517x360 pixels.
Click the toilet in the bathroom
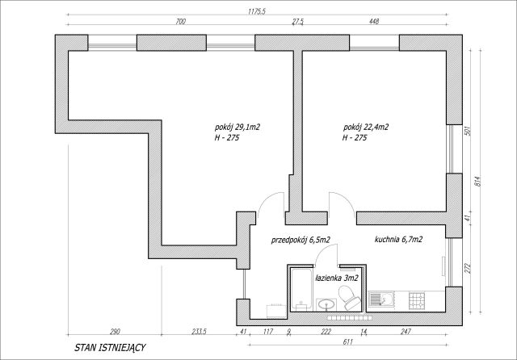pyautogui.click(x=349, y=297)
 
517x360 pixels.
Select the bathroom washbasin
pyautogui.click(x=326, y=304)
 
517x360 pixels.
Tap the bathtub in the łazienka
pyautogui.click(x=301, y=290)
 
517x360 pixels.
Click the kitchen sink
pyautogui.click(x=381, y=300)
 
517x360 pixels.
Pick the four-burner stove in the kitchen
pyautogui.click(x=418, y=301)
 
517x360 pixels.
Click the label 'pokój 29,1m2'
pyautogui.click(x=237, y=128)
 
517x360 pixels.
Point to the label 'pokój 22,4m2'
pyautogui.click(x=366, y=128)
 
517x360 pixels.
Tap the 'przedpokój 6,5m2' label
pyautogui.click(x=301, y=240)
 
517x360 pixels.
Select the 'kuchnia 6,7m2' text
pyautogui.click(x=398, y=240)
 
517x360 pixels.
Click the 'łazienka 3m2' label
pyautogui.click(x=337, y=278)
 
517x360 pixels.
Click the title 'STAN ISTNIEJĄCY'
pyautogui.click(x=110, y=348)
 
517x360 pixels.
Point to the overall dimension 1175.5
pyautogui.click(x=257, y=12)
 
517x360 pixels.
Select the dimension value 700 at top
pyautogui.click(x=180, y=22)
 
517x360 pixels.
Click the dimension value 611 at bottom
pyautogui.click(x=348, y=342)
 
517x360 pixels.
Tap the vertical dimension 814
pyautogui.click(x=479, y=181)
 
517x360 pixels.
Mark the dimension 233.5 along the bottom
pyautogui.click(x=199, y=332)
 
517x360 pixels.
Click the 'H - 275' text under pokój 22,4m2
pyautogui.click(x=355, y=138)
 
